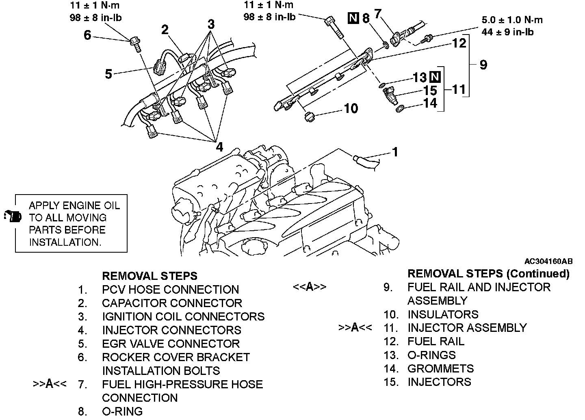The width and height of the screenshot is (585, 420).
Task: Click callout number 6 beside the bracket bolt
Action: [87, 35]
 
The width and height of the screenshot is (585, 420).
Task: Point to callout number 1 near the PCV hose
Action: [394, 152]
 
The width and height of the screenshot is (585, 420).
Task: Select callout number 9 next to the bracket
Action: [483, 65]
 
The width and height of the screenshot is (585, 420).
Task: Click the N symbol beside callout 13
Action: [435, 77]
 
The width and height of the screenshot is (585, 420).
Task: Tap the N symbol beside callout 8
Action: [354, 18]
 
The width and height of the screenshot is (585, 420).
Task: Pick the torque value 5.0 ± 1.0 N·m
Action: [511, 20]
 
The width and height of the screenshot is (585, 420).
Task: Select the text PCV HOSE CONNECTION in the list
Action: [170, 290]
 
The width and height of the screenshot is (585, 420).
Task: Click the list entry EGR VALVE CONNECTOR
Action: [171, 344]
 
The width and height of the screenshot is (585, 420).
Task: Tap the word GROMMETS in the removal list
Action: [440, 368]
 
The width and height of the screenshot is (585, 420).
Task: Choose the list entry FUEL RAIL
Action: [435, 341]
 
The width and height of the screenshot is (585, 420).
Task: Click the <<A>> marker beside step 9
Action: [310, 287]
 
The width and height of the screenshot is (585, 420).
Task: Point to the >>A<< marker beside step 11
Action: [355, 327]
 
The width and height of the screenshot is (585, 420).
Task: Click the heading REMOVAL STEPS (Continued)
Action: [488, 273]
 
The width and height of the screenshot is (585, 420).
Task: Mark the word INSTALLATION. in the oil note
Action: [65, 242]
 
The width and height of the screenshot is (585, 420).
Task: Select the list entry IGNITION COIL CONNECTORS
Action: [183, 316]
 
